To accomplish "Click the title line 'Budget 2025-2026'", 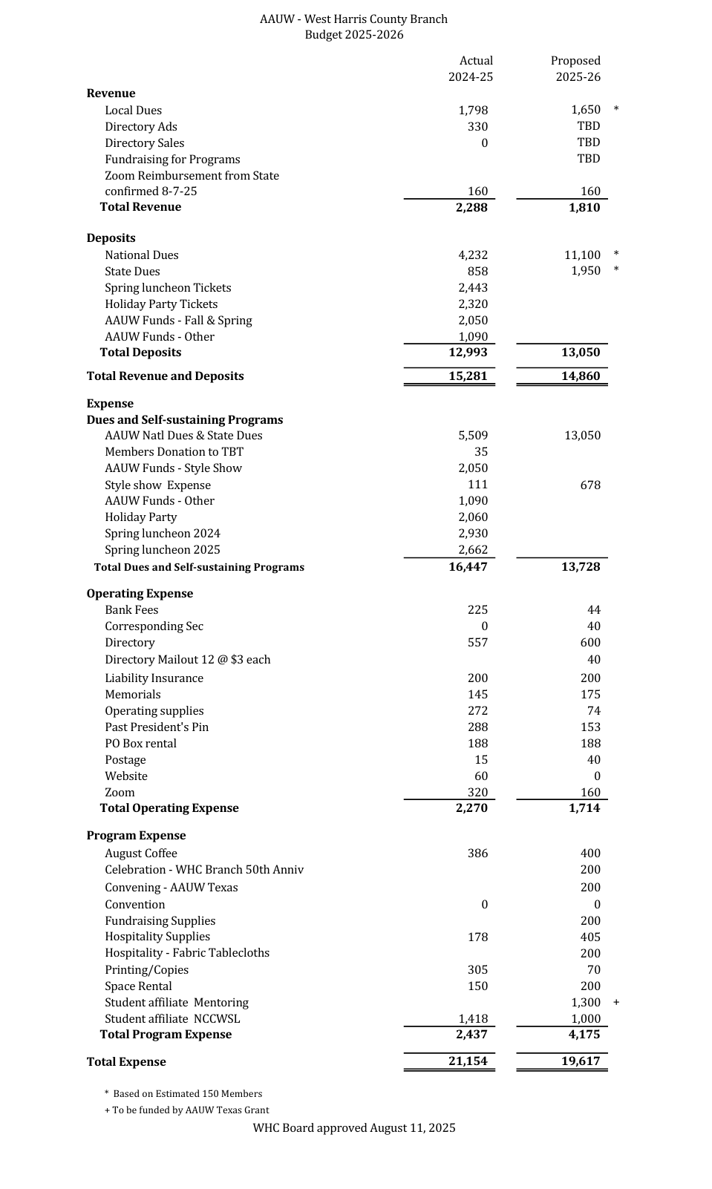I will (x=354, y=35).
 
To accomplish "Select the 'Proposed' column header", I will (x=575, y=61).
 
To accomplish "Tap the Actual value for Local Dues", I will (x=473, y=111).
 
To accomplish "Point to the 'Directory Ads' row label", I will (x=141, y=127).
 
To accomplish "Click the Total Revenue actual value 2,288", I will (x=471, y=208).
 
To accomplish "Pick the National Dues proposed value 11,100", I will (x=582, y=255).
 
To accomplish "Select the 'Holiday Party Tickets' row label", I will (x=161, y=304).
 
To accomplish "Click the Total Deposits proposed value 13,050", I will (x=581, y=353).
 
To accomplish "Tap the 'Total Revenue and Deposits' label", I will (x=165, y=376).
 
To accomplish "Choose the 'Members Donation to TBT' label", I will (x=174, y=452).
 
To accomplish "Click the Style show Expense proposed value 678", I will (x=590, y=485).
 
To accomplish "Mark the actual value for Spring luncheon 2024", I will (x=473, y=534).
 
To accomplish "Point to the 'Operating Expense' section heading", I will (x=140, y=594).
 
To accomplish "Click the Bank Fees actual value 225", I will (x=477, y=610).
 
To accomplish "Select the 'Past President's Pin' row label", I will (x=157, y=727).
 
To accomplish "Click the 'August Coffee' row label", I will (x=141, y=854).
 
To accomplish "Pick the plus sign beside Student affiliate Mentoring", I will (x=616, y=1003).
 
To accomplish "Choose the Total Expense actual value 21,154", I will (x=468, y=1061).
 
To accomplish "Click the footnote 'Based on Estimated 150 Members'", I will (x=187, y=1094).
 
